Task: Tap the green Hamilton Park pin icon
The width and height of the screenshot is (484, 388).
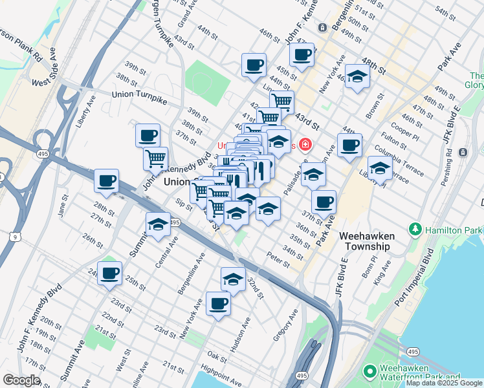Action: coord(414,230)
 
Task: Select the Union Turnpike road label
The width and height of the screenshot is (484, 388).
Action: coord(140,94)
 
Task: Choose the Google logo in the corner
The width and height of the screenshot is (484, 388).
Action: coord(22,380)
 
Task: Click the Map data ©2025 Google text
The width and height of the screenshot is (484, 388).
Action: coord(443,383)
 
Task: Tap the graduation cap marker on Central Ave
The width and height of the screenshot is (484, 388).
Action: coord(158,225)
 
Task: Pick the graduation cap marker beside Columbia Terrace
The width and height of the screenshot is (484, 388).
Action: coord(380,168)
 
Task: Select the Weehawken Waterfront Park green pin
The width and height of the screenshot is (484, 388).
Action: coord(369,372)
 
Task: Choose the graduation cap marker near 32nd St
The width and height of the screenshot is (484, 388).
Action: coord(233,279)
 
